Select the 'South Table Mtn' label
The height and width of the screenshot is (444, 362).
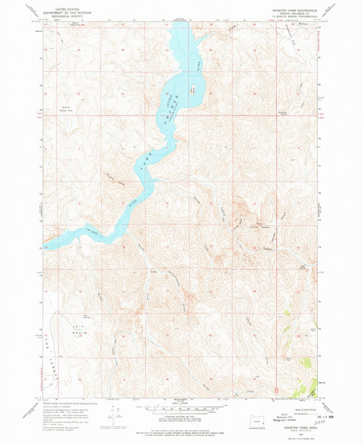click(67, 108)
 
